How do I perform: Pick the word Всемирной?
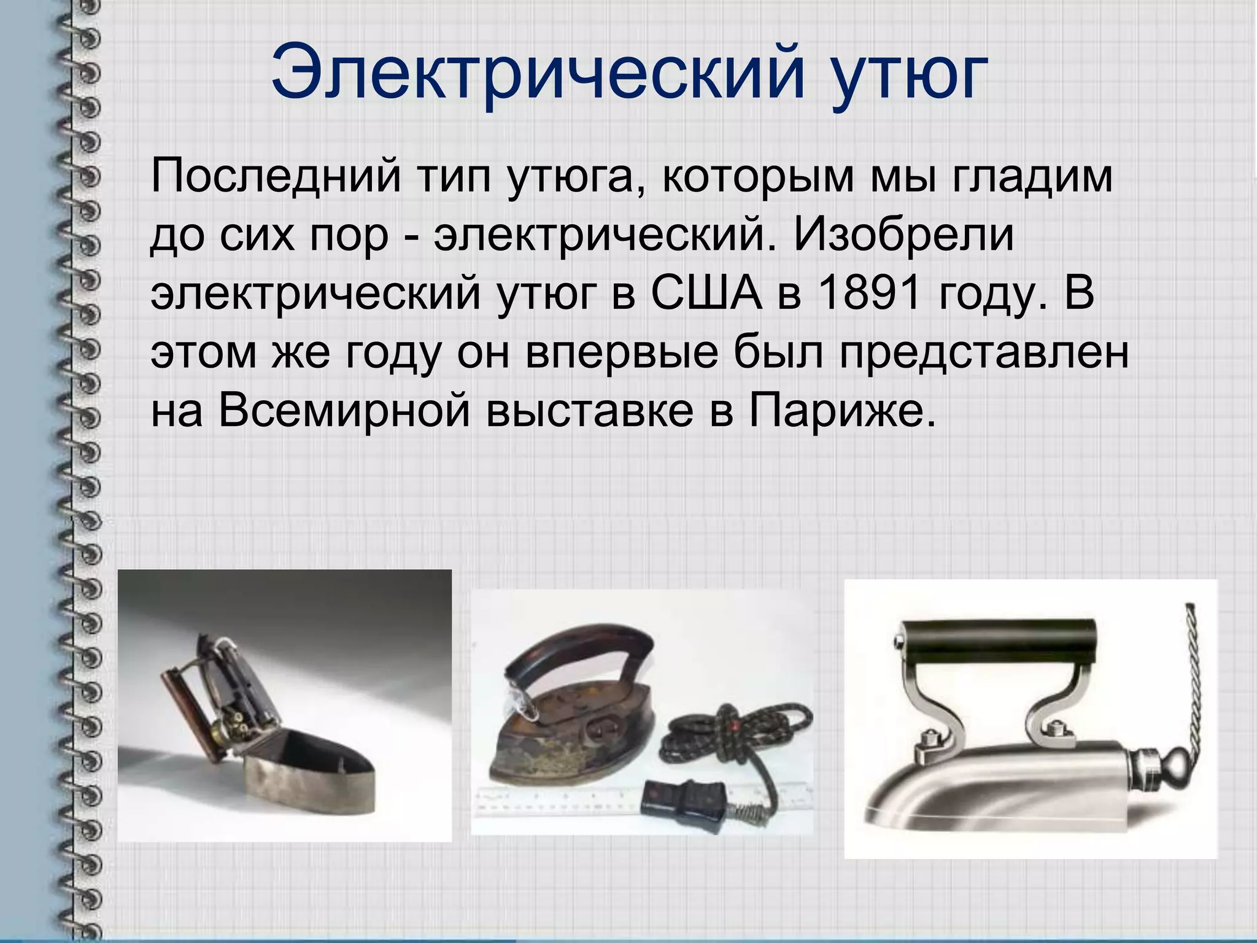pyautogui.click(x=344, y=410)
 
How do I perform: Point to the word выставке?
pyautogui.click(x=589, y=410)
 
